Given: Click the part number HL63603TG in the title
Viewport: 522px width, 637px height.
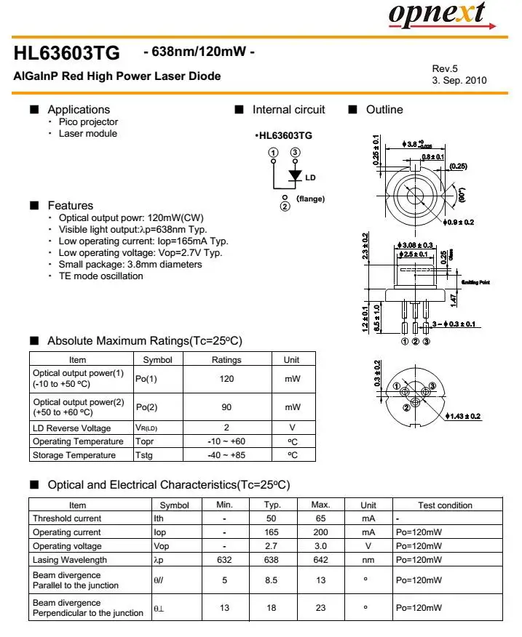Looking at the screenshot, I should (66, 54).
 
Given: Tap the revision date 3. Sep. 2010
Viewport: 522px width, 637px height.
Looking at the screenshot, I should (459, 81).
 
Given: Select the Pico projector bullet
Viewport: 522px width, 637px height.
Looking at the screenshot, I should (88, 122).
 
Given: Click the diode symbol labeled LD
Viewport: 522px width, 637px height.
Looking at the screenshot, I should (295, 175).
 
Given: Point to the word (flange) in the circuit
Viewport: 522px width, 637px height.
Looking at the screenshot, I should (310, 199).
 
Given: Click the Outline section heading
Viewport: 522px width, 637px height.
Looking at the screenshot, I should (384, 110).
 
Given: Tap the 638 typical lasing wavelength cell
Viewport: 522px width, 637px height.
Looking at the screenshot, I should (272, 560).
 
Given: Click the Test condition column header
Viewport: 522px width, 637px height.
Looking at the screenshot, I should (445, 505).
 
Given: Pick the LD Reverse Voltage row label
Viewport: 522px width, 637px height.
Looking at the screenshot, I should (72, 428).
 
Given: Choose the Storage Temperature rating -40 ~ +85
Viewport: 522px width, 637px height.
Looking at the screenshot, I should (226, 455).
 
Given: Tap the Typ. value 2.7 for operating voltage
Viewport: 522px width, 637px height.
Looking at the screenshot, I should (272, 546).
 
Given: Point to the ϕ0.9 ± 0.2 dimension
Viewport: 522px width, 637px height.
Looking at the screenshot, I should (458, 222).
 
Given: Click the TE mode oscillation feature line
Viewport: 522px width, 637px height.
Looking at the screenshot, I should (101, 276).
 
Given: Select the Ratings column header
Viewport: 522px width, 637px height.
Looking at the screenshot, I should (226, 359).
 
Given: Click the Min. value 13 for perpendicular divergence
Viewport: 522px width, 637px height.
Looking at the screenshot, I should (224, 608).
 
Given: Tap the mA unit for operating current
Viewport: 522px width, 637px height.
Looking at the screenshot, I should (368, 532).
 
